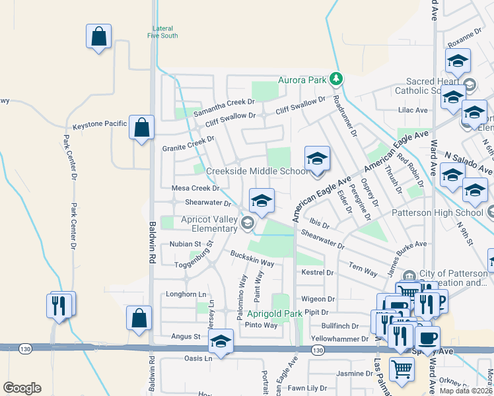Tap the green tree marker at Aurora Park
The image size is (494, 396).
click(336, 80)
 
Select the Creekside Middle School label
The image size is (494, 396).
click(257, 172)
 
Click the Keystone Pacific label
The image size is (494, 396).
click(100, 124)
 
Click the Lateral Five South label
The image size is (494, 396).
click(162, 32)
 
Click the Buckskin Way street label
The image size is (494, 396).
click(252, 259)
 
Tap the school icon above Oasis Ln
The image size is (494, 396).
click(221, 342)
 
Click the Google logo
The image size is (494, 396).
click(22, 388)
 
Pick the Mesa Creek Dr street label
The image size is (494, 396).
click(195, 188)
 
